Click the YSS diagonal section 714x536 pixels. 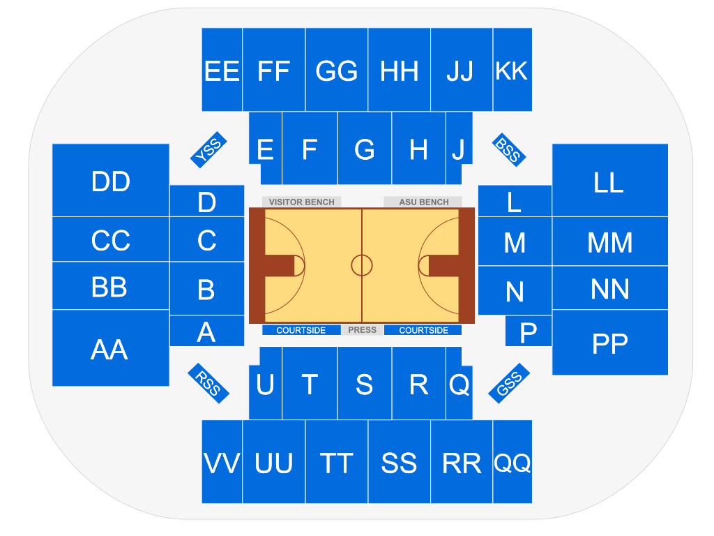(x=208, y=150)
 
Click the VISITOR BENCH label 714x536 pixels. (x=302, y=202)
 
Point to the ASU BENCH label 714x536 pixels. (x=423, y=202)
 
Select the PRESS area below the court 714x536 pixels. (x=362, y=330)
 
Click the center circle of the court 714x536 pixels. (x=362, y=265)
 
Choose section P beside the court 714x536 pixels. (x=528, y=332)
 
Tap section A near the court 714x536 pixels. (x=206, y=332)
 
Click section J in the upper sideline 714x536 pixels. (x=458, y=148)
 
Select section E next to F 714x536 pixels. (x=265, y=148)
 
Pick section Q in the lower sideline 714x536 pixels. (x=459, y=384)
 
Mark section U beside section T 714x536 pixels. (x=265, y=384)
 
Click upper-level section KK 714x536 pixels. (x=512, y=70)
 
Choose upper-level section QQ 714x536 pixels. (x=512, y=462)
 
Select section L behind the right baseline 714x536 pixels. (x=514, y=201)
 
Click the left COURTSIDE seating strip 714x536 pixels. (x=301, y=330)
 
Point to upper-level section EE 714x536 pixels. (x=222, y=70)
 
